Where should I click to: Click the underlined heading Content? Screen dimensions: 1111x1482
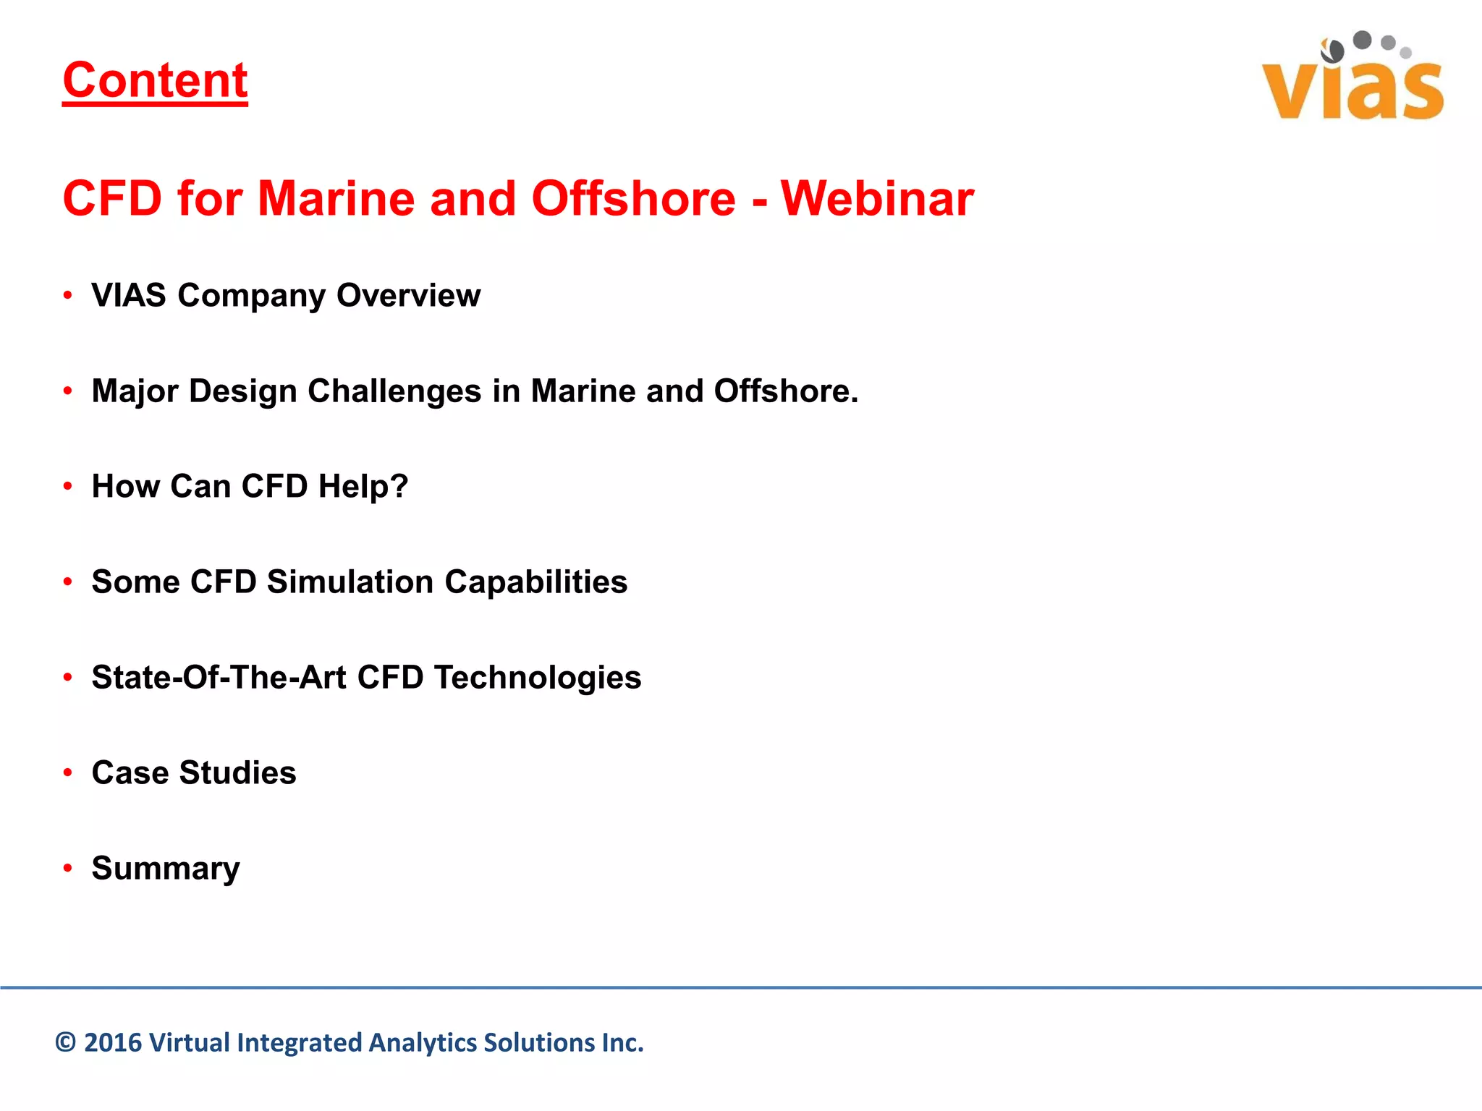click(x=155, y=80)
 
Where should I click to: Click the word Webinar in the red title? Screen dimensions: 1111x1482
click(x=877, y=198)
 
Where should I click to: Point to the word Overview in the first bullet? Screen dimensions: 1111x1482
click(x=408, y=295)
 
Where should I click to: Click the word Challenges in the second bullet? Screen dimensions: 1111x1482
click(x=394, y=391)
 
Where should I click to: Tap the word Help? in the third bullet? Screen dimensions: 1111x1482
click(x=363, y=487)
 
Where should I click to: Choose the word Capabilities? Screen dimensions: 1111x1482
click(x=535, y=582)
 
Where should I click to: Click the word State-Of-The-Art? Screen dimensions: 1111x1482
click(x=219, y=678)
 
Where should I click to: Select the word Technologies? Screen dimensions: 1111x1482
click(x=537, y=678)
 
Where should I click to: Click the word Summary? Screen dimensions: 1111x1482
click(x=166, y=869)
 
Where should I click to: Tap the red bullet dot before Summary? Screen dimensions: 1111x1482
click(x=68, y=868)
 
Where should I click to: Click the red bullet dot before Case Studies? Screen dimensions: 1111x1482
click(x=68, y=772)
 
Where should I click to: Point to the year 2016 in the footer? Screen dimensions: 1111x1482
click(x=112, y=1043)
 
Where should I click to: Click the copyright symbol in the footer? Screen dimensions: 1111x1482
click(x=66, y=1043)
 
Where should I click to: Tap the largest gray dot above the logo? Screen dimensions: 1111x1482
click(x=1362, y=40)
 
